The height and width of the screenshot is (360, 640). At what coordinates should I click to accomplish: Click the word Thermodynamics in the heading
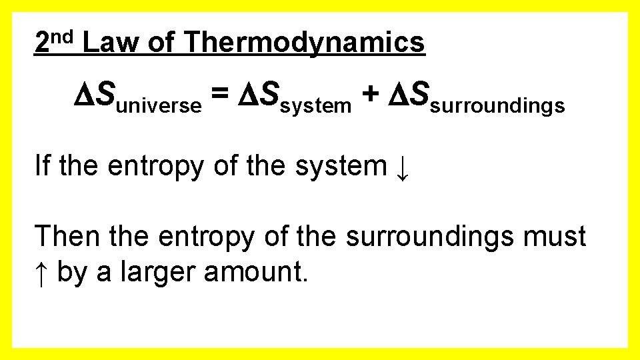point(305,43)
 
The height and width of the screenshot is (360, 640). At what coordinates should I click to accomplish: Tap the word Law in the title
point(111,43)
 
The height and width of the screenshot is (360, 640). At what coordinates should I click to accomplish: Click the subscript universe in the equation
point(159,105)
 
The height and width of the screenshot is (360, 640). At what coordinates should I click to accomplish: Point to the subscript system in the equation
point(316,105)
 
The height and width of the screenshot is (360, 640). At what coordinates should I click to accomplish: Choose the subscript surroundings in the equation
point(498,105)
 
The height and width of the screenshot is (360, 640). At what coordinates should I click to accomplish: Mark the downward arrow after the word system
point(402,167)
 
